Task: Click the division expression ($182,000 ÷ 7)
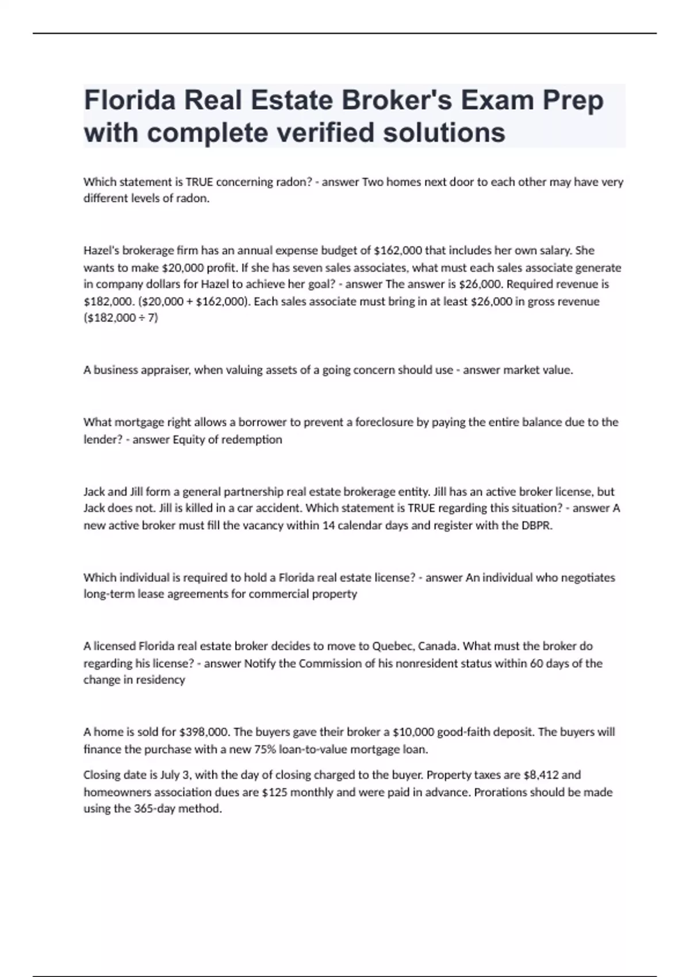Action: click(121, 318)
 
